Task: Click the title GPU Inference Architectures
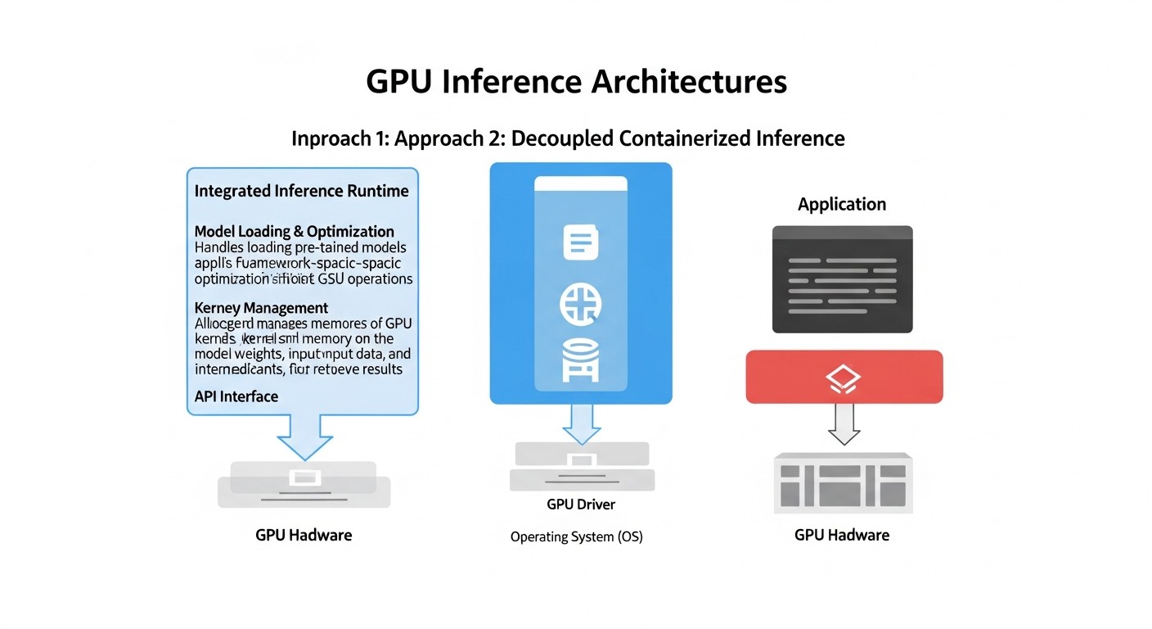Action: [576, 83]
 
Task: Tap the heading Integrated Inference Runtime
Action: [301, 191]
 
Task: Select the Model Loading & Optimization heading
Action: [294, 232]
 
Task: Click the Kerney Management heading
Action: [261, 308]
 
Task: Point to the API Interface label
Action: [236, 396]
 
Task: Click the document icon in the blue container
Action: [581, 242]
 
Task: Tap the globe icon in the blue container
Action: [581, 304]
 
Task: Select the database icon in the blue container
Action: [581, 361]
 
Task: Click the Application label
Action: [842, 204]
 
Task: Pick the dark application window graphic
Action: [842, 279]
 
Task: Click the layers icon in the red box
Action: [844, 377]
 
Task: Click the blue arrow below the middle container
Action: [581, 424]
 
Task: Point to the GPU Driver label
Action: [581, 505]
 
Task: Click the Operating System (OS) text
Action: [576, 537]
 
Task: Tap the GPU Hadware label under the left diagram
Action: [304, 536]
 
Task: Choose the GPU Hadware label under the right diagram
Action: [841, 536]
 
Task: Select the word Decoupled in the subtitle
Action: [563, 138]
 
